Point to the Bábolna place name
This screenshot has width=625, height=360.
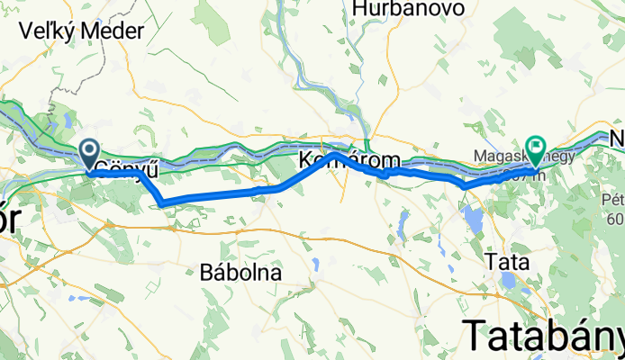240,271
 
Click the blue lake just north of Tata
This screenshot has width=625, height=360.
473,219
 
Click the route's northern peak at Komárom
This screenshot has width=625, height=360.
335,154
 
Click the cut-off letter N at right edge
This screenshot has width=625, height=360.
617,139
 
